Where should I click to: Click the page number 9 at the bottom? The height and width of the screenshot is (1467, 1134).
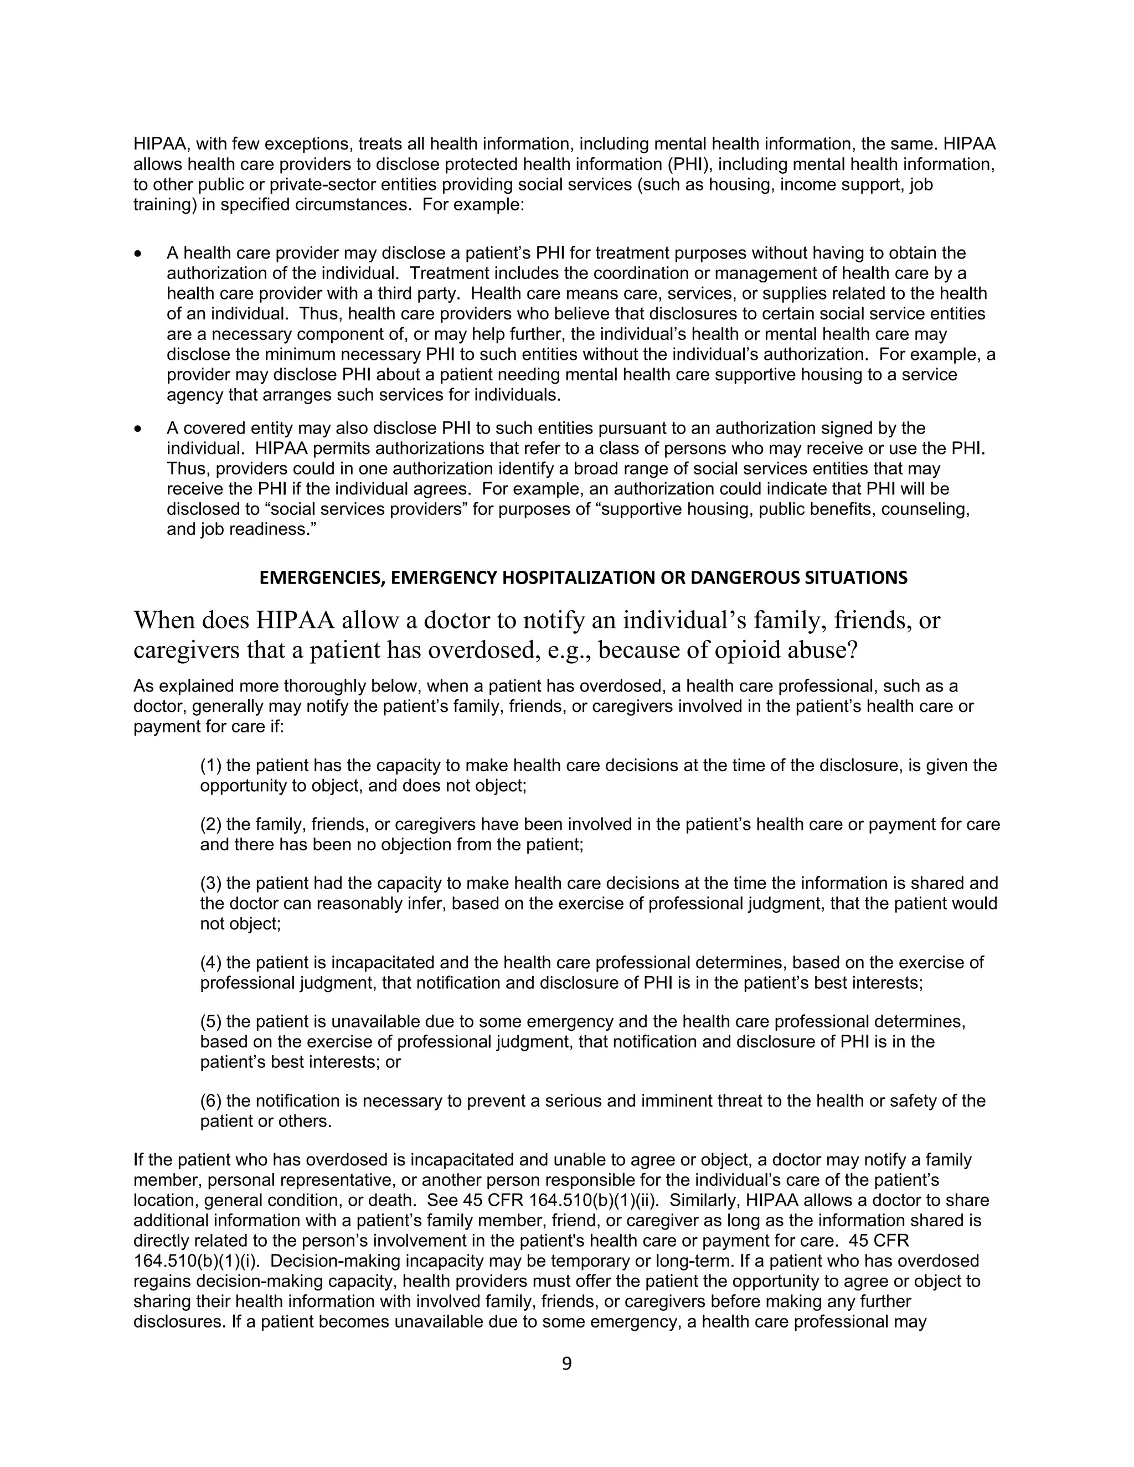point(566,1364)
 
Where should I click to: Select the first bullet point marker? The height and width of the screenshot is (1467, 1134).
point(138,254)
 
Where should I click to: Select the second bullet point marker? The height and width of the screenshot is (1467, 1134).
point(138,428)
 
